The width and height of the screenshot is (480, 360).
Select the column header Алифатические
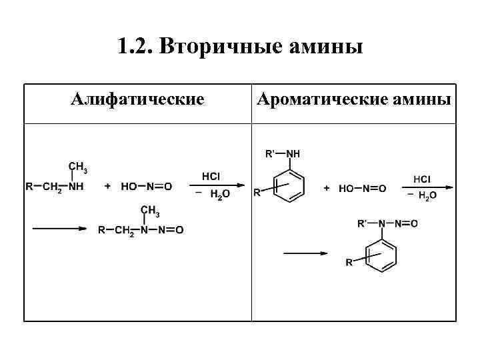137,100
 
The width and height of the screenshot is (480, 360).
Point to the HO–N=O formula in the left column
146,187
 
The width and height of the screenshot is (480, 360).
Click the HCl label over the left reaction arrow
211,176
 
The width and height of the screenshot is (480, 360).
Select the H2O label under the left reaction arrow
219,195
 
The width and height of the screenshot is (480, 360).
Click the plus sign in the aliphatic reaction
107,187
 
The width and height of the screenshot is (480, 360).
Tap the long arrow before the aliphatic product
60,229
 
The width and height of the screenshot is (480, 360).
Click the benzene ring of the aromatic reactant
289,181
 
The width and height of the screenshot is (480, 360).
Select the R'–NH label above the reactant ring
283,154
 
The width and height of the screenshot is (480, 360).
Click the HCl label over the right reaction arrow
421,179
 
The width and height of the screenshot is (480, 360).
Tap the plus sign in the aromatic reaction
327,189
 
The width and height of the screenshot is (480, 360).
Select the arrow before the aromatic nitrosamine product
305,253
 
